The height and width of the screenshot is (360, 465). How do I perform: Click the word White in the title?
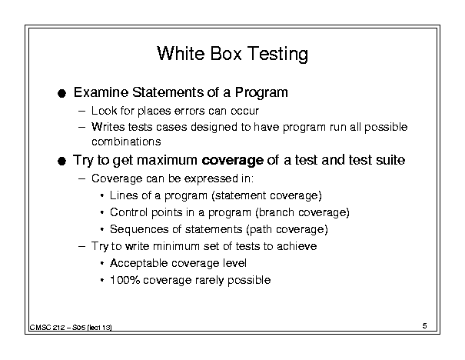(x=181, y=53)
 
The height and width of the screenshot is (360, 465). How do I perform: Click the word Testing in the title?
(x=277, y=55)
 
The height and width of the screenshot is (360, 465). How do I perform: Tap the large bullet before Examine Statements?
(x=61, y=94)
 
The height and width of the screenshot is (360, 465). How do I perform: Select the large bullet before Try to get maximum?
(x=61, y=162)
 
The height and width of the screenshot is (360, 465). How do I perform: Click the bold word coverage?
(x=232, y=161)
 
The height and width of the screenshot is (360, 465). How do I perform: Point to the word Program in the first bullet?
(x=261, y=93)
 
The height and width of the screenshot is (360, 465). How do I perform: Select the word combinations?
(x=126, y=142)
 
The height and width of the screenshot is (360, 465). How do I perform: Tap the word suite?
(x=390, y=160)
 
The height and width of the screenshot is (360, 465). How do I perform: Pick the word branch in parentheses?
(x=275, y=212)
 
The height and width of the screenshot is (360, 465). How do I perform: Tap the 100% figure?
(x=125, y=280)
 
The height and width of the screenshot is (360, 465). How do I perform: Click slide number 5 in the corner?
(x=424, y=326)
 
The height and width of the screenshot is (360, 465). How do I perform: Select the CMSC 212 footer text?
(x=71, y=328)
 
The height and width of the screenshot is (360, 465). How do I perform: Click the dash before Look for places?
(x=81, y=112)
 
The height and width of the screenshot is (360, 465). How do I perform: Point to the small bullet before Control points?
(x=102, y=213)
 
